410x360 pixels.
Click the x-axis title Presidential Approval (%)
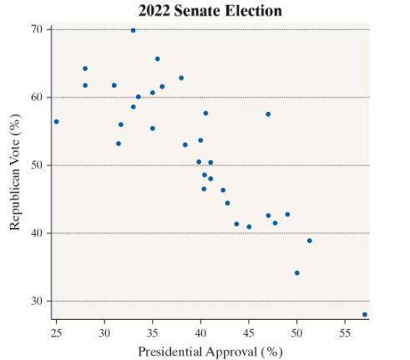(210, 350)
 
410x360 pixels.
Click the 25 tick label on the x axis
(56, 332)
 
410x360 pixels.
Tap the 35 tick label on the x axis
(152, 332)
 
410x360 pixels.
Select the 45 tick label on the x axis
(249, 332)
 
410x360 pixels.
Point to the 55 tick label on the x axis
(345, 332)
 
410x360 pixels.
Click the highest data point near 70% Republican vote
(133, 30)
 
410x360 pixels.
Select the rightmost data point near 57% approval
(365, 314)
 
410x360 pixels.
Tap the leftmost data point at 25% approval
(56, 121)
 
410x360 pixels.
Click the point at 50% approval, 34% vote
(296, 272)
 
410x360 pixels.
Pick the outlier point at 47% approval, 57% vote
(268, 114)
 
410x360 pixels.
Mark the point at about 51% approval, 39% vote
(309, 241)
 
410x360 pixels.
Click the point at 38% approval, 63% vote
(181, 78)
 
